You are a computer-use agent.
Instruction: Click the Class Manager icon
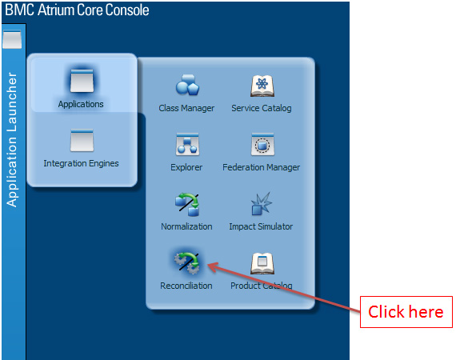pyautogui.click(x=187, y=85)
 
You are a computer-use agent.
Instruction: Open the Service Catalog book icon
pyautogui.click(x=262, y=86)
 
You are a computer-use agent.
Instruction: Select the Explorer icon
pyautogui.click(x=187, y=144)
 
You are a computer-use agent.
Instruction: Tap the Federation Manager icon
pyautogui.click(x=262, y=144)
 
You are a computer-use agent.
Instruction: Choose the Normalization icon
pyautogui.click(x=187, y=205)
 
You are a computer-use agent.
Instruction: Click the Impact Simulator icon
pyautogui.click(x=262, y=203)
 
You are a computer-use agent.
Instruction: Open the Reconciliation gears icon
pyautogui.click(x=187, y=263)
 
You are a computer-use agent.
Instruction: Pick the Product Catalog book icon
pyautogui.click(x=262, y=263)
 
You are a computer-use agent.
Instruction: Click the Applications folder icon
pyautogui.click(x=82, y=81)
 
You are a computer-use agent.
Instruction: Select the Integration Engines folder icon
pyautogui.click(x=82, y=140)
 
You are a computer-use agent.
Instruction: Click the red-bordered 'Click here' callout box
pyautogui.click(x=406, y=312)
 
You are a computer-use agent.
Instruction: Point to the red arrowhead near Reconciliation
pyautogui.click(x=212, y=267)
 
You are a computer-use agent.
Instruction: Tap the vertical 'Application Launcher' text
pyautogui.click(x=12, y=139)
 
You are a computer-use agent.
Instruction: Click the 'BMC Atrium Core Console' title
pyautogui.click(x=77, y=10)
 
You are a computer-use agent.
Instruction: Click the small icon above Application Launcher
pyautogui.click(x=12, y=39)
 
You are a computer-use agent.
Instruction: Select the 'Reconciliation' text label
pyautogui.click(x=186, y=286)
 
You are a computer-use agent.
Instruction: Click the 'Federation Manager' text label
pyautogui.click(x=261, y=167)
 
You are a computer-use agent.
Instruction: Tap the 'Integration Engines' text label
pyautogui.click(x=81, y=163)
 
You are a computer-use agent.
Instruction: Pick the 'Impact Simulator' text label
pyautogui.click(x=261, y=226)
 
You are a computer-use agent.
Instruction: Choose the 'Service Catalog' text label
pyautogui.click(x=262, y=108)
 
